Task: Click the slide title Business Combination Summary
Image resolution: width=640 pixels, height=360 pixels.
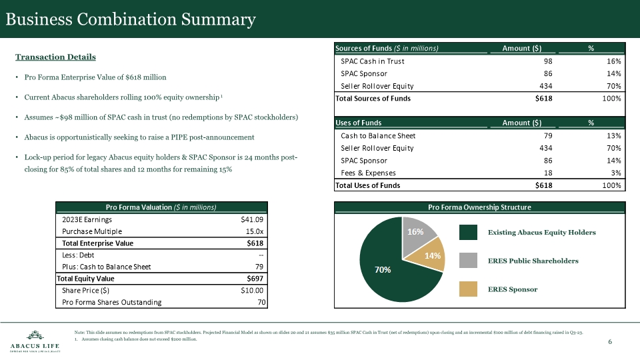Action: [x=131, y=20]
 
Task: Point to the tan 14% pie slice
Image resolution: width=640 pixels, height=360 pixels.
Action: [x=431, y=255]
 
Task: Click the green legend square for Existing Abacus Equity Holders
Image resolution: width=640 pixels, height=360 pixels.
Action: [x=469, y=232]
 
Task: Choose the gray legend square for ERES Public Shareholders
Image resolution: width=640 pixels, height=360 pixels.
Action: [x=469, y=261]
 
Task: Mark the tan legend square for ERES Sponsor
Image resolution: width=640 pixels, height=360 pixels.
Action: [x=469, y=289]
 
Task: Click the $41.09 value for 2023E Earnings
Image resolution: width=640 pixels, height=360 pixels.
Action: [x=253, y=220]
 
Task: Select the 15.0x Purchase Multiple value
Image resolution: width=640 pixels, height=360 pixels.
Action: [x=255, y=231]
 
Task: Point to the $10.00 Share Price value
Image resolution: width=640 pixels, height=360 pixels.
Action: [x=253, y=291]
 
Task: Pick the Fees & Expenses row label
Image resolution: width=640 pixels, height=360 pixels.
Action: [x=369, y=173]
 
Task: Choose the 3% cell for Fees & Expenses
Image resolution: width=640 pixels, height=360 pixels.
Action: [x=616, y=173]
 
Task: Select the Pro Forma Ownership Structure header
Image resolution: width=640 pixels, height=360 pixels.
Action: [x=479, y=207]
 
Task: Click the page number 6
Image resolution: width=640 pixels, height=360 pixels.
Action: [x=610, y=342]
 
